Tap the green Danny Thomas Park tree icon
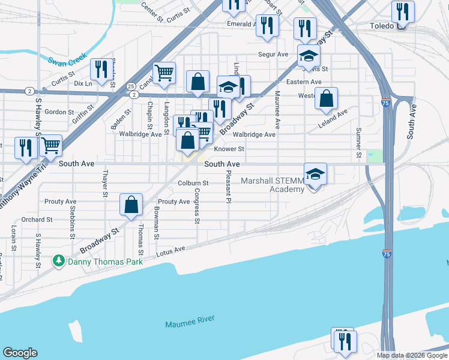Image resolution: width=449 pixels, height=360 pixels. click(58, 261)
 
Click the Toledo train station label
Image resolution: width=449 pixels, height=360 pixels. click(382, 26)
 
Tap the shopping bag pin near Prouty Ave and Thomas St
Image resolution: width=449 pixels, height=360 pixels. click(131, 205)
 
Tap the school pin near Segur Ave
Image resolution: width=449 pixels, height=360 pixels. click(309, 56)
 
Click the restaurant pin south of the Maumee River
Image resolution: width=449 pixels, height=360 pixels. click(345, 340)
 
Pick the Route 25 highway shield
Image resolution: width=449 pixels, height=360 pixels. click(131, 87)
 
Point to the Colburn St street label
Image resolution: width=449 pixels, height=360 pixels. click(193, 183)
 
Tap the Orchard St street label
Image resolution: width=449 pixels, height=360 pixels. click(34, 220)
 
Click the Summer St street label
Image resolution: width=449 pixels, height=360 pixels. click(358, 143)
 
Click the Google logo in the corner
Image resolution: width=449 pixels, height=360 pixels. click(20, 353)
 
